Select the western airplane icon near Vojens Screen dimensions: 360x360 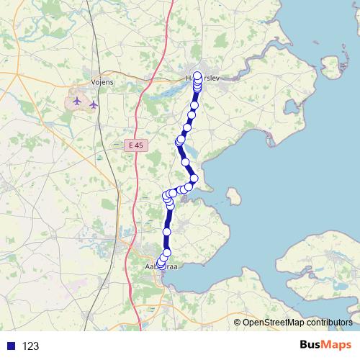pos(77,100)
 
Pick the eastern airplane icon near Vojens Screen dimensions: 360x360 pos(94,105)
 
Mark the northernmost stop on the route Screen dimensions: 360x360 pos(197,76)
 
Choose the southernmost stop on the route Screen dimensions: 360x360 pos(161,266)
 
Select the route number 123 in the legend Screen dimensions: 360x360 pos(30,346)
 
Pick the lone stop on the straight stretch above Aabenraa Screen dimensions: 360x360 pos(167,232)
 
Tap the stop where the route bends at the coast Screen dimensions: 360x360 pos(194,179)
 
